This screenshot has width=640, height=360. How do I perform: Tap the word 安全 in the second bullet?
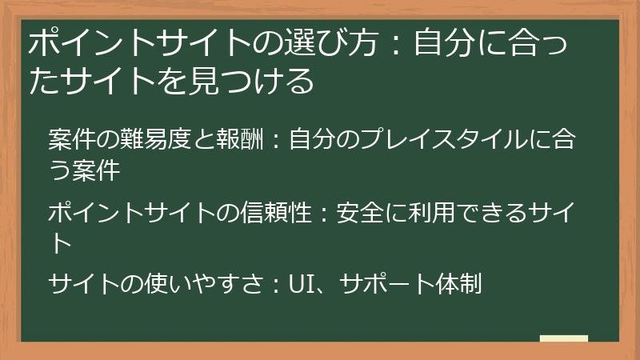pos(362,212)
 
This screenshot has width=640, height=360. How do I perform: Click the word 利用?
pos(433,212)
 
